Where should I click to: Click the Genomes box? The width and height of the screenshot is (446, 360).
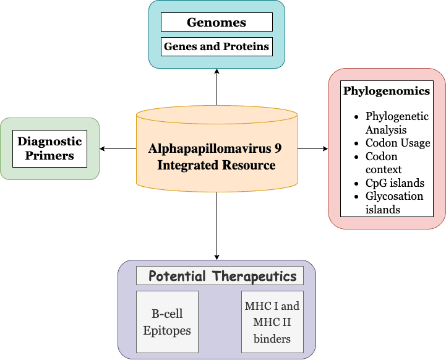tap(217, 22)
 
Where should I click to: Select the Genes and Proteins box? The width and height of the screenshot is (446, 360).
tap(217, 46)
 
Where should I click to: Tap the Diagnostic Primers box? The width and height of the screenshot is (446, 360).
tap(49, 148)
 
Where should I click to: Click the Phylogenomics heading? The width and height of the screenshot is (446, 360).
tap(386, 91)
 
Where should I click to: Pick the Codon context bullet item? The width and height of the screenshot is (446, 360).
tap(384, 163)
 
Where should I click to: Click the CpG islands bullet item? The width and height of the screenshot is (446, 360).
tap(395, 182)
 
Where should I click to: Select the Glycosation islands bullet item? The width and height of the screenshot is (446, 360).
tap(394, 202)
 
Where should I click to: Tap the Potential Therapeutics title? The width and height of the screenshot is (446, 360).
tap(222, 276)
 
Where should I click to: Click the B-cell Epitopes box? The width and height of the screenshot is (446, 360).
tap(167, 322)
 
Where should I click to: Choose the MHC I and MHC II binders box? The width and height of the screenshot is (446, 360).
tap(272, 322)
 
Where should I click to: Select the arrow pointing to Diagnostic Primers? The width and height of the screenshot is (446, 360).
tap(118, 148)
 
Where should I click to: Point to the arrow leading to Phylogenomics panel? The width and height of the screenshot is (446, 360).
tap(312, 148)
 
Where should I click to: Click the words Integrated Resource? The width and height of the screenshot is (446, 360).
tap(217, 165)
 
